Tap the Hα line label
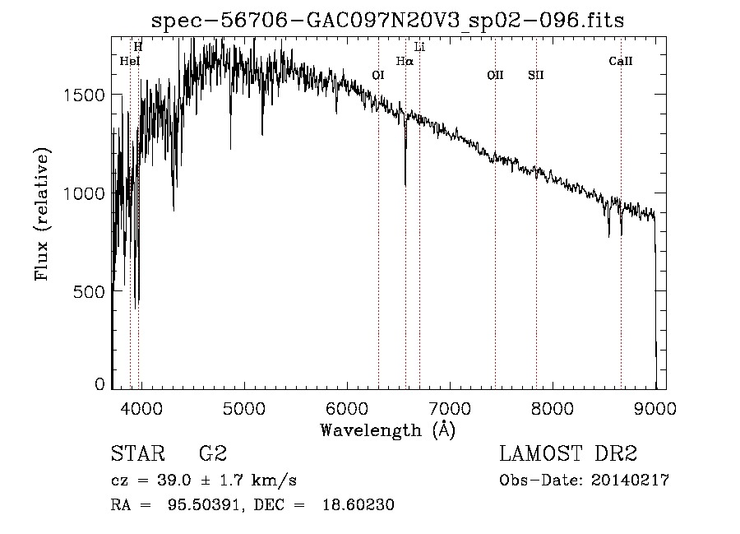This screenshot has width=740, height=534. pos(404,61)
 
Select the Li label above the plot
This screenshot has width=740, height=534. pos(419,47)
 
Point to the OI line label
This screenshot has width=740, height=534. pos(378,75)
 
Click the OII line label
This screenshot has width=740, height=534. pos(495,75)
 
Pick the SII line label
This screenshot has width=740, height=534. pos(536,75)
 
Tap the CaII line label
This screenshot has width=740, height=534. pos(621,61)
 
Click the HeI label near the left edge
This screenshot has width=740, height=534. pos(130,61)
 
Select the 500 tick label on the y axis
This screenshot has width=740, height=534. pos(90,291)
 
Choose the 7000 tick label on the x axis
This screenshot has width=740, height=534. pos(450,407)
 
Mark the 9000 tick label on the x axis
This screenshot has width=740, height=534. pos(655,407)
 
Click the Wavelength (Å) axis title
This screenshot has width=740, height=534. pos(387,430)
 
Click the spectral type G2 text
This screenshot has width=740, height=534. pos(213,454)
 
